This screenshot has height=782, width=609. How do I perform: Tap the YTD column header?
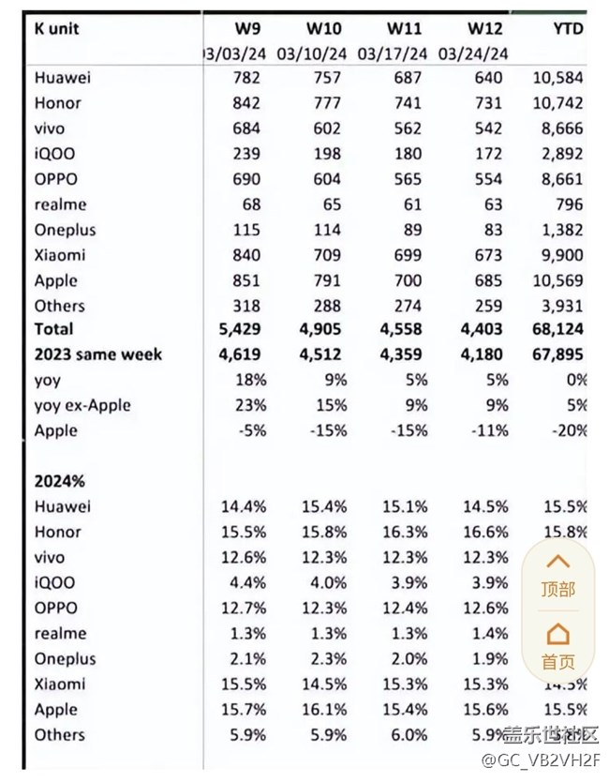pyautogui.click(x=568, y=28)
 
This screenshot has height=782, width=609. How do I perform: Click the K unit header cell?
pyautogui.click(x=58, y=28)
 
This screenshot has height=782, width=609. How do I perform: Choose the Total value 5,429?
pyautogui.click(x=241, y=329)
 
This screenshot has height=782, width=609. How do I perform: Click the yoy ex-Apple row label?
pyautogui.click(x=82, y=405)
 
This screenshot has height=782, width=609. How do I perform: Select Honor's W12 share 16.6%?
pyautogui.click(x=485, y=532)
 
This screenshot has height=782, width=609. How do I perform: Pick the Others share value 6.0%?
pyautogui.click(x=405, y=734)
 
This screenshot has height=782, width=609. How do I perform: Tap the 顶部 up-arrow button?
pyautogui.click(x=557, y=574)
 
